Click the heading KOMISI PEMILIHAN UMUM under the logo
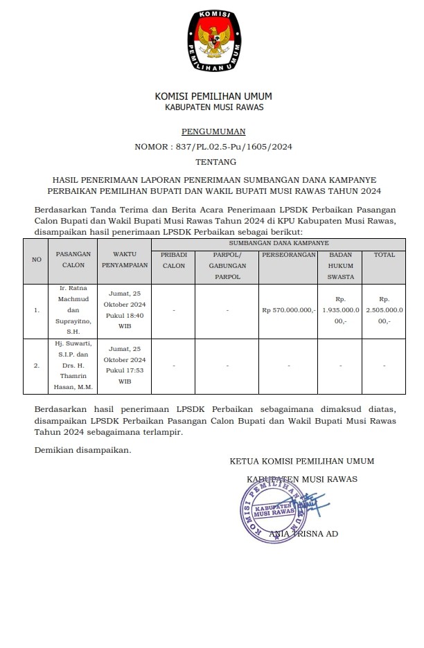[213, 96]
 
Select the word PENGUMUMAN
[213, 131]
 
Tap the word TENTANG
[213, 162]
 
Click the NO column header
[37, 260]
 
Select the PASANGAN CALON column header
[73, 260]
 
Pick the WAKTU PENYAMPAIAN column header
[125, 260]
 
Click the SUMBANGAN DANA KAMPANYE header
[279, 243]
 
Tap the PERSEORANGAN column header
[289, 255]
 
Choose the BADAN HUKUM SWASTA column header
[341, 265]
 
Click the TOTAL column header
[385, 255]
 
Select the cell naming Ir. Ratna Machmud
[73, 310]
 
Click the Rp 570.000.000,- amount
[289, 310]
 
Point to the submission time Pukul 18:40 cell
[125, 310]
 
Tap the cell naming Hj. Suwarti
[73, 365]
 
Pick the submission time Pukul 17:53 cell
[125, 365]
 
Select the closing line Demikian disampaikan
[82, 450]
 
